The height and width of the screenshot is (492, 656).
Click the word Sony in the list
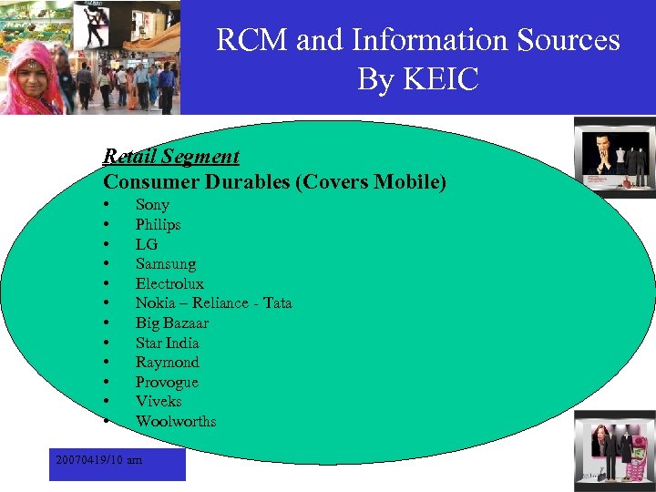(x=152, y=205)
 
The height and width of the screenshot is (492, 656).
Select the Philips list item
(x=159, y=225)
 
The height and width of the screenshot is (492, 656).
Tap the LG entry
(x=146, y=244)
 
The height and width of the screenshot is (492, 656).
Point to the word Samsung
(x=166, y=264)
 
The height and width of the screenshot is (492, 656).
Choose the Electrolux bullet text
(x=169, y=284)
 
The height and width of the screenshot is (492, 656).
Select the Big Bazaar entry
(x=171, y=323)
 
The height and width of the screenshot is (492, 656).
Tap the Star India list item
(x=167, y=343)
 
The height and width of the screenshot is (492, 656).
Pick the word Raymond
(x=167, y=363)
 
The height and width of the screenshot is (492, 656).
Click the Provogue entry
(x=167, y=383)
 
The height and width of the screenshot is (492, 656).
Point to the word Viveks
(x=159, y=402)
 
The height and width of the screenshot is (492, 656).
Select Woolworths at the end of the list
(x=176, y=422)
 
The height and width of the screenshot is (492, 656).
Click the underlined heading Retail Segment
(x=171, y=157)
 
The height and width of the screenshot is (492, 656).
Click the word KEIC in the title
(x=443, y=79)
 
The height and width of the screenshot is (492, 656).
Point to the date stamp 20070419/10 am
(x=98, y=461)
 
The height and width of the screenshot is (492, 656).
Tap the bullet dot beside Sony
(x=107, y=205)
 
